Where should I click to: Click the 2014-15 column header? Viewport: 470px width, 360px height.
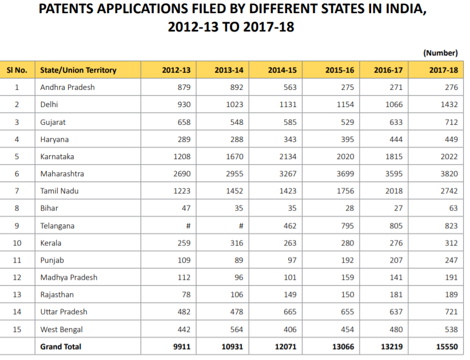282,70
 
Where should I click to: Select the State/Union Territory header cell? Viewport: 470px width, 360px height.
78,70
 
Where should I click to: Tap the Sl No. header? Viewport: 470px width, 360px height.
17,70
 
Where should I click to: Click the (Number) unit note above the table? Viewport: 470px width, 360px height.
440,53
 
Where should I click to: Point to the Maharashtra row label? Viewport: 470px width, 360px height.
63,173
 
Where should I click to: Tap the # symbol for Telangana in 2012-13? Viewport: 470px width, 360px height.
188,226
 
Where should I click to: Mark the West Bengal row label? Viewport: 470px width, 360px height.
61,329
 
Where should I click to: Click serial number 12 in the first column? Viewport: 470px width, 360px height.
17,277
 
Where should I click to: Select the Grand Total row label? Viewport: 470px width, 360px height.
61,346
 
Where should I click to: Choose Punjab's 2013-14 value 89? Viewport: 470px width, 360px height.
238,260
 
